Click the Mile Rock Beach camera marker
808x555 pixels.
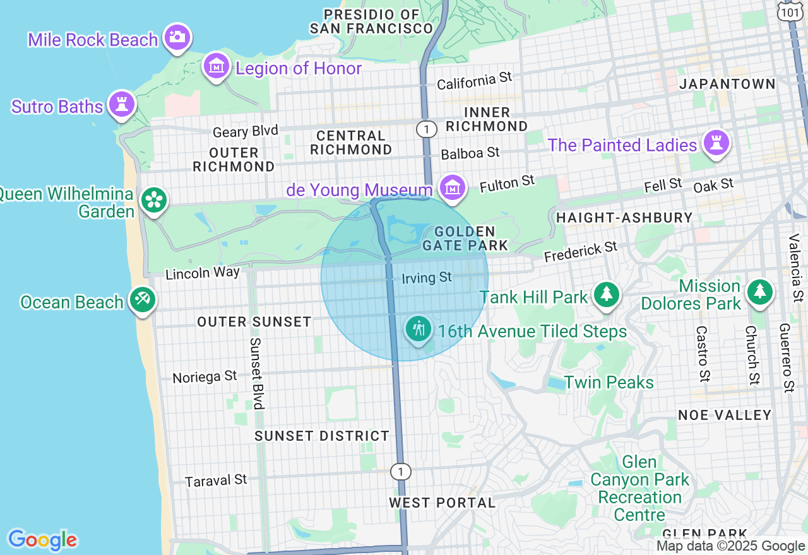point(178,37)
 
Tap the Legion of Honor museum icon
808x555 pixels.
point(217,65)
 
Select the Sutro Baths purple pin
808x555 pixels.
point(122,104)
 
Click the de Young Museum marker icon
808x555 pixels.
point(453,187)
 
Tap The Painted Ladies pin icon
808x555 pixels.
point(716,143)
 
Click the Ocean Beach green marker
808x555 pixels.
point(142,300)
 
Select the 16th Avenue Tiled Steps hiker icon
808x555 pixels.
point(418,329)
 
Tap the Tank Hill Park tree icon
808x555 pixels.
point(607,294)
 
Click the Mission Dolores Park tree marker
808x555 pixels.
point(759,292)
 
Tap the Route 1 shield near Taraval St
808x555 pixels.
point(400,471)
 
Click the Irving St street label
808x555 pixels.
point(427,277)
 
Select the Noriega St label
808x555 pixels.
point(205,377)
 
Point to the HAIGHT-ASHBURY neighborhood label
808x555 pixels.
point(624,218)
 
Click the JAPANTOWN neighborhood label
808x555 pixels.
point(727,84)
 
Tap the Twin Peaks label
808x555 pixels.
point(609,382)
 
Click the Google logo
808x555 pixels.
point(42,540)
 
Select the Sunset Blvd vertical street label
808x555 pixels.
point(256,373)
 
